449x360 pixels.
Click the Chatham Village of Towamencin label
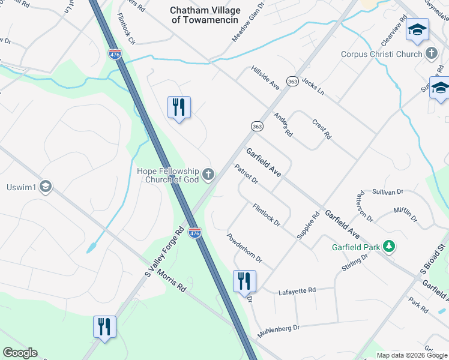coord(205,15)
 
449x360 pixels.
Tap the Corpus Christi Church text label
coord(382,54)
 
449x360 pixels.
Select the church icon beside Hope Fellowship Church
coord(208,175)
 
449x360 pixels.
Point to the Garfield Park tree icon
coord(389,247)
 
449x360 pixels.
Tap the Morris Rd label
coord(172,281)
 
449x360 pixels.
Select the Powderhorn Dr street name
coord(244,247)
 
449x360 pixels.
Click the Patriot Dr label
coord(246,174)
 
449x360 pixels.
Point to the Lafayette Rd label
coord(297,292)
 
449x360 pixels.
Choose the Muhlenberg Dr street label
coord(279,331)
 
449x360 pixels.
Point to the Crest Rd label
coord(322,128)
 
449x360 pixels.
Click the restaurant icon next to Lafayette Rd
coord(244,281)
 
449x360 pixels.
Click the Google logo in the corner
coord(20,353)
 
